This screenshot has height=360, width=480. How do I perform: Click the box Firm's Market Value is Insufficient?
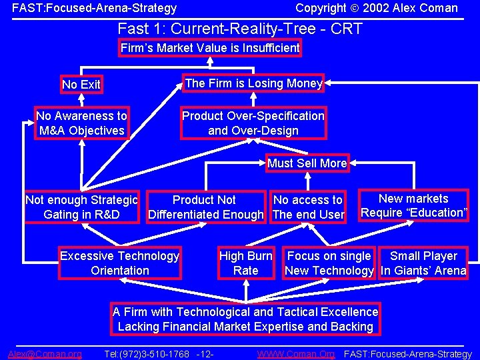[x=210, y=48]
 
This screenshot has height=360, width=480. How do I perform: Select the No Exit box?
[x=81, y=85]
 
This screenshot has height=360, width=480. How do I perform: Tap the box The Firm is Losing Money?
[x=253, y=83]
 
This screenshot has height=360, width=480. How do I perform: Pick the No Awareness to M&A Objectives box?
[x=81, y=123]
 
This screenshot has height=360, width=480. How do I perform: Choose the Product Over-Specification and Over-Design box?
[x=253, y=123]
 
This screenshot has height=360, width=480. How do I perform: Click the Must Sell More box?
[x=307, y=163]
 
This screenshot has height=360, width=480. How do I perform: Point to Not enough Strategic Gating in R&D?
[x=81, y=207]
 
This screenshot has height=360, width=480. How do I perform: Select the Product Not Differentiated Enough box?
[x=205, y=207]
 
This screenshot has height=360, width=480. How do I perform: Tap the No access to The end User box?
[x=308, y=207]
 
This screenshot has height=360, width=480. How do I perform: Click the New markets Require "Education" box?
[x=413, y=206]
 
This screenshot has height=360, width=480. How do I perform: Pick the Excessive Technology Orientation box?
[x=120, y=263]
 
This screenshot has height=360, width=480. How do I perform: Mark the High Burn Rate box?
[x=245, y=263]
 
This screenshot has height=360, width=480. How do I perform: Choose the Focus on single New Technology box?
[x=329, y=263]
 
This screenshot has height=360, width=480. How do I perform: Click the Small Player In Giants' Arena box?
[x=423, y=263]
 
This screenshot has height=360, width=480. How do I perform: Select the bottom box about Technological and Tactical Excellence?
[x=245, y=319]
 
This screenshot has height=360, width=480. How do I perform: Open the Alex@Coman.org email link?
[x=45, y=353]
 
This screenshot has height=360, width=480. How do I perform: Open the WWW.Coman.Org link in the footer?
[x=296, y=353]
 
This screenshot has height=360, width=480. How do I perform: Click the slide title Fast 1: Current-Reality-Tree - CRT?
[x=240, y=29]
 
